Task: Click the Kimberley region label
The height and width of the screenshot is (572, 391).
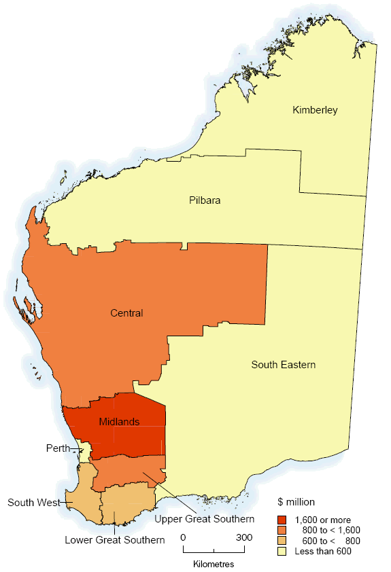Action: pyautogui.click(x=315, y=110)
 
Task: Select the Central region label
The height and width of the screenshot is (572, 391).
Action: pyautogui.click(x=126, y=313)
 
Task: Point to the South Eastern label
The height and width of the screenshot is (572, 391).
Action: pyautogui.click(x=283, y=365)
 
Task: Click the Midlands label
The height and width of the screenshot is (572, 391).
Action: pyautogui.click(x=119, y=422)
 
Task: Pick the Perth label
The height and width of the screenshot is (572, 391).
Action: pyautogui.click(x=58, y=448)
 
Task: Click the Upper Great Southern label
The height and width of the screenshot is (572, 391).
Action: pyautogui.click(x=205, y=520)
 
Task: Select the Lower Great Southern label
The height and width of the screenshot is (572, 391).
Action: pyautogui.click(x=115, y=540)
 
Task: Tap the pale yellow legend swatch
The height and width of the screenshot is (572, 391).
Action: pyautogui.click(x=282, y=551)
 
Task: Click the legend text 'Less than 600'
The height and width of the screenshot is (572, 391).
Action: pyautogui.click(x=323, y=551)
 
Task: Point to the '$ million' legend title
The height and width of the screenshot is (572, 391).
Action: pyautogui.click(x=296, y=502)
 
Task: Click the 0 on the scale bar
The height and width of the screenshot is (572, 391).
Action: pyautogui.click(x=183, y=538)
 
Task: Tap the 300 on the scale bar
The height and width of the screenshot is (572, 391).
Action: pyautogui.click(x=244, y=538)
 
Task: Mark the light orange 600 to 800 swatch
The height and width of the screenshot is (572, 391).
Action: pyautogui.click(x=282, y=541)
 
